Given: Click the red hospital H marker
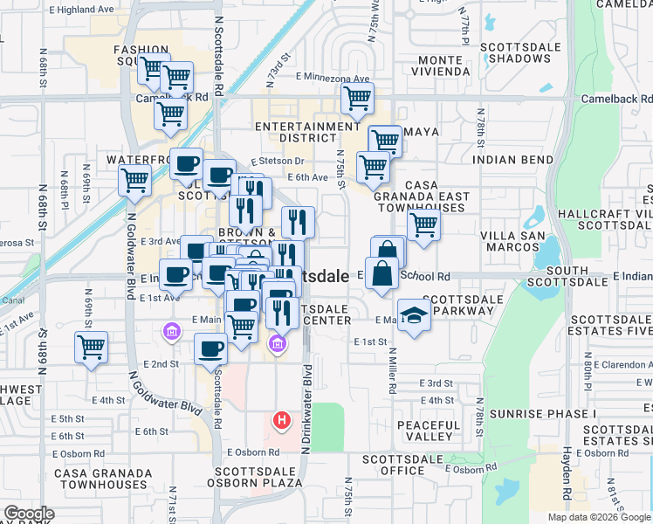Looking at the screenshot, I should point(281,420).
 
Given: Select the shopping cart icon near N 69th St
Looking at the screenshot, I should point(91,347).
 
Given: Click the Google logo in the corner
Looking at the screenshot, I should point(29,514).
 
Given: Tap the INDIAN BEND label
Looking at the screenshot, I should point(512,160).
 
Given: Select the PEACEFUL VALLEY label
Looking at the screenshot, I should point(428,430).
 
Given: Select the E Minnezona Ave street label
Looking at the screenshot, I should point(333,79).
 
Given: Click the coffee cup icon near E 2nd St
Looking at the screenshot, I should point(210,349).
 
